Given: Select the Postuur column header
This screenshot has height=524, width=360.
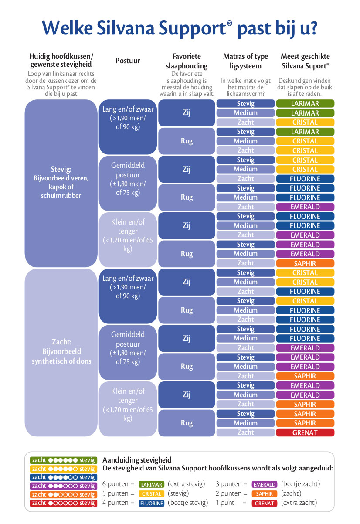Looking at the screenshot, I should click(x=128, y=61).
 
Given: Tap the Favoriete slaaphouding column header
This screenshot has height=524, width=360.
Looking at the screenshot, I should click(x=187, y=61).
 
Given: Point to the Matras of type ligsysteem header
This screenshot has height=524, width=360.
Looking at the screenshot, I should click(x=245, y=61).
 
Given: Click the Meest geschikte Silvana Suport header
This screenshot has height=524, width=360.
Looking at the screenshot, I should click(x=305, y=61).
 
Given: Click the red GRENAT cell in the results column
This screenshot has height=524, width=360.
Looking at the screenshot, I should click(x=305, y=432).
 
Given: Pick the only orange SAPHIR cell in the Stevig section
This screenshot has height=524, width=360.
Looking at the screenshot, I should click(x=305, y=263).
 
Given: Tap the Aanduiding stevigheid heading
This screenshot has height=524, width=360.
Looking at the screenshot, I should click(x=137, y=460).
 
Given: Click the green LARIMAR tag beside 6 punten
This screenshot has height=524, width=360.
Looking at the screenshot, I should click(x=151, y=484).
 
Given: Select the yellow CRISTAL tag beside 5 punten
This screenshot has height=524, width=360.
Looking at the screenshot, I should click(x=151, y=494).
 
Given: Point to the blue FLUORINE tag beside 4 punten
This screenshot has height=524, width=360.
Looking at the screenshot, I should click(x=151, y=503).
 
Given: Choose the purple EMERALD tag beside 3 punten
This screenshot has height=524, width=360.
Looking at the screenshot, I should click(x=265, y=484).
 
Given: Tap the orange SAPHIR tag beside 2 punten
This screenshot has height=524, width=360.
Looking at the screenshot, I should click(x=265, y=494).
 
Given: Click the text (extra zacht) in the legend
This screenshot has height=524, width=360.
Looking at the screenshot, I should click(x=299, y=503).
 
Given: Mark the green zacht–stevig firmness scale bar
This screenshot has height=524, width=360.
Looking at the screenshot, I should click(x=63, y=460).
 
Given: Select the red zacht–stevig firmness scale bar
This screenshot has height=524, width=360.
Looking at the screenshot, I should click(x=63, y=503).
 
